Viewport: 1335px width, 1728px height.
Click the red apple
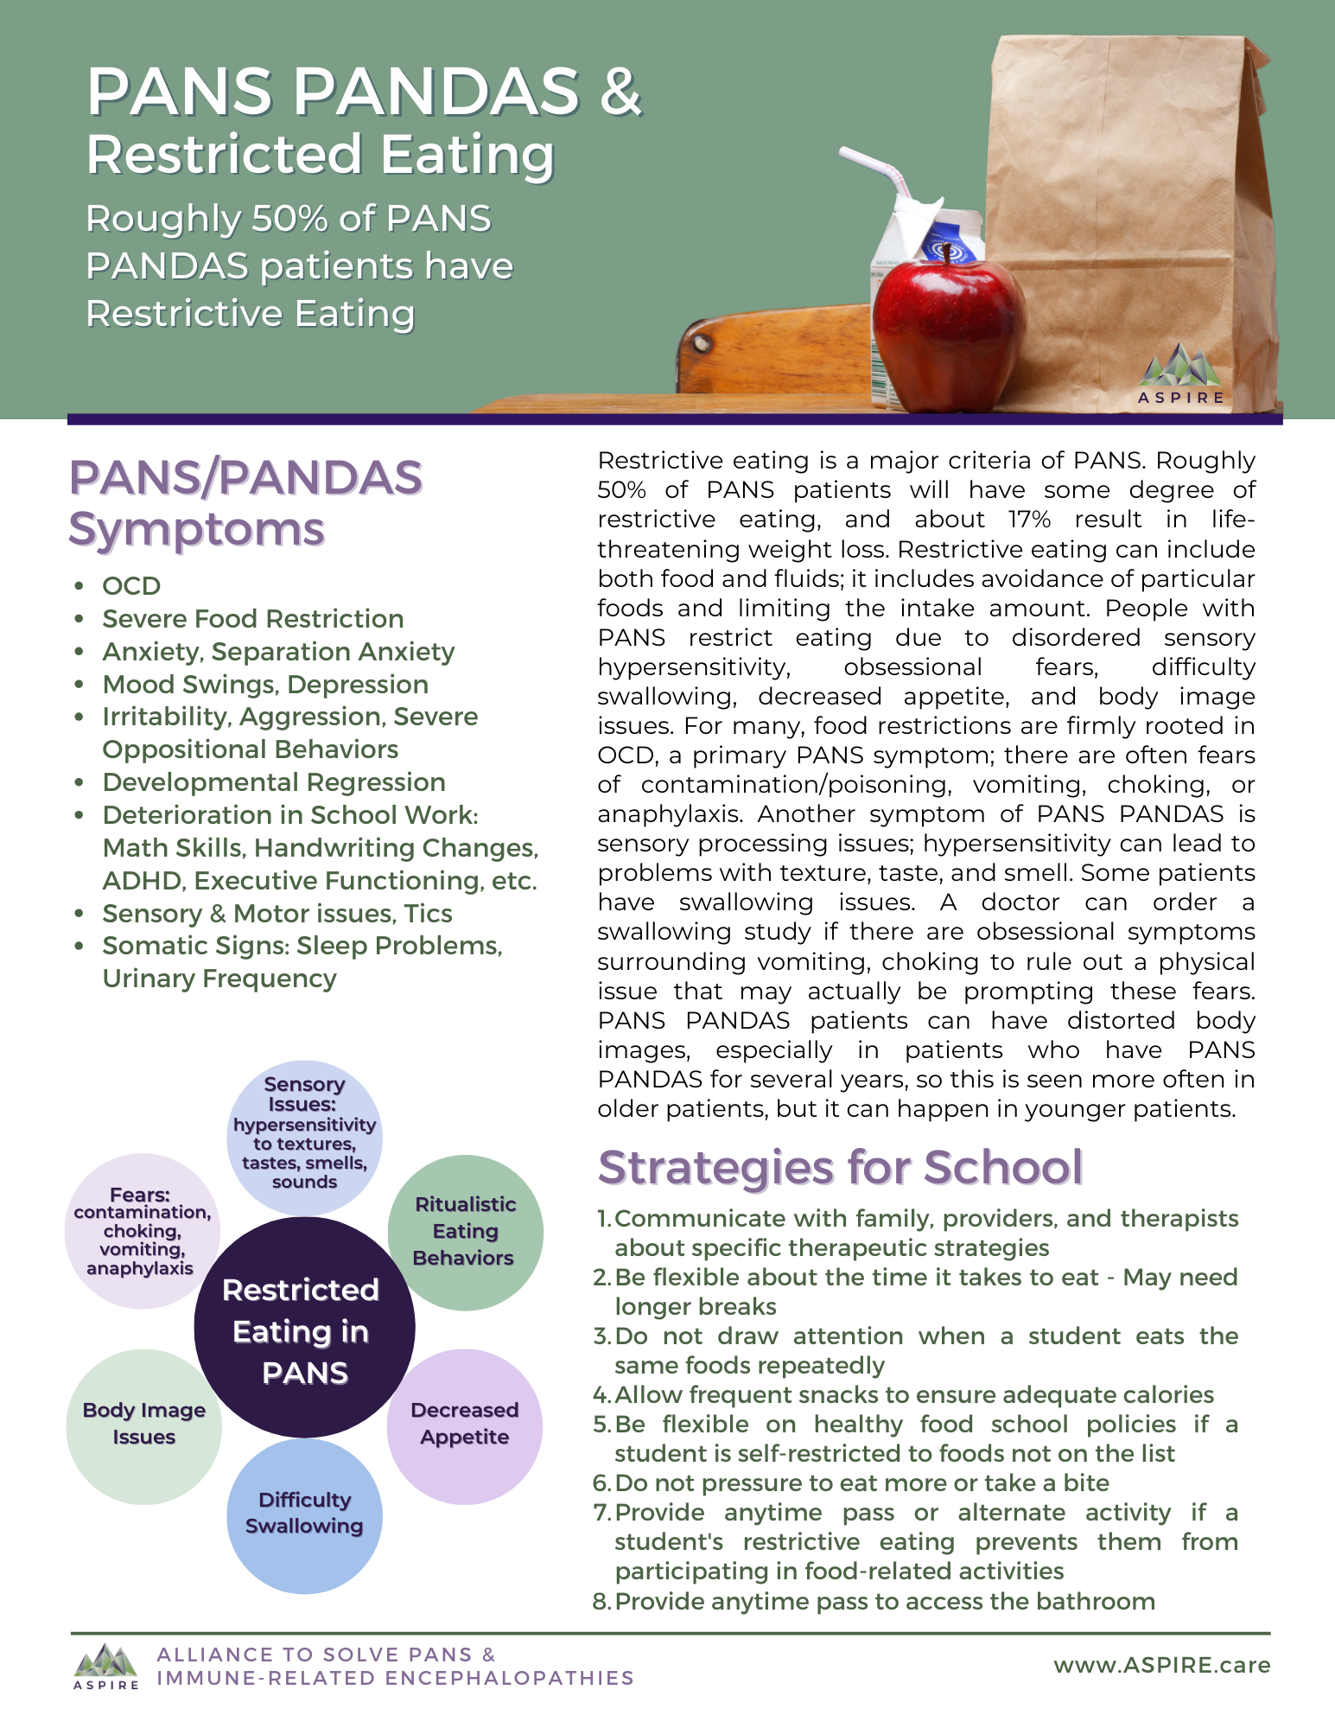948,333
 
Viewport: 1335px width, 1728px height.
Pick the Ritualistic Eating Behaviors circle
465,1232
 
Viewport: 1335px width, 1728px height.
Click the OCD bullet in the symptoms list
131,586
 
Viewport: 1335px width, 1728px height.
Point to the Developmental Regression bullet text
274,782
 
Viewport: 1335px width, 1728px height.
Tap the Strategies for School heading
840,1167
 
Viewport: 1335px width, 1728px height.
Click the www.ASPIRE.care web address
1161,1665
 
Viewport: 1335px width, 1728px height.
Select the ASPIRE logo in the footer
106,1665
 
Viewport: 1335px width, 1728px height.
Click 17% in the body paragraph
1029,520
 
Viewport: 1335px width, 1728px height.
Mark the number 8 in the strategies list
601,1602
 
